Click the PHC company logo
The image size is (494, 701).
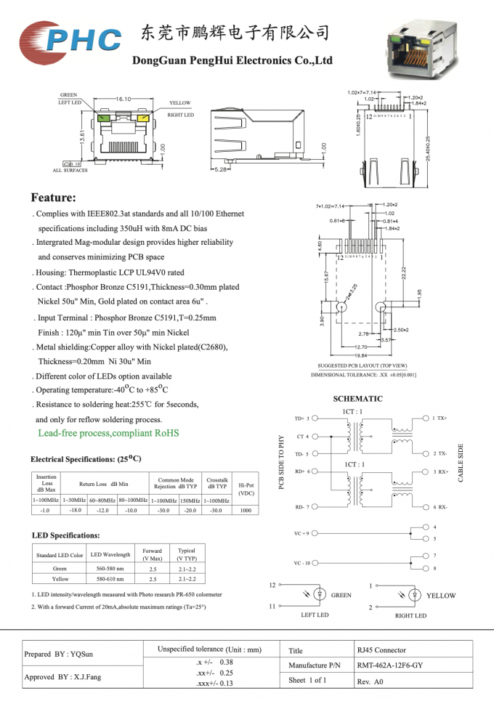click(x=70, y=38)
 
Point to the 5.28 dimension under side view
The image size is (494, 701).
click(x=219, y=169)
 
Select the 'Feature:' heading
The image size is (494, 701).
click(x=53, y=198)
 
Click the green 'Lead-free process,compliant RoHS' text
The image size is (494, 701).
click(x=108, y=434)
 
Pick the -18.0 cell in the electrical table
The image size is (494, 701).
click(x=74, y=511)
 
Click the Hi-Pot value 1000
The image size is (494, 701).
click(x=246, y=511)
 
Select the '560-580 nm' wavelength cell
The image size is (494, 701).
click(x=110, y=569)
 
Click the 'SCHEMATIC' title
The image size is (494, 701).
click(x=357, y=399)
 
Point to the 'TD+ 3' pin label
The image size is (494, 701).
click(x=301, y=418)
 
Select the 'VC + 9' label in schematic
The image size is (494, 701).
click(x=301, y=533)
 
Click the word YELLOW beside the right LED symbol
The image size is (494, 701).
click(x=441, y=596)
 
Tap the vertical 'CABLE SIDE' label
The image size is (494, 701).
click(x=461, y=463)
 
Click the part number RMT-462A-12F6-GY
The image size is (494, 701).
click(x=389, y=665)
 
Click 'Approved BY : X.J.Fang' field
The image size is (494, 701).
click(x=63, y=676)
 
